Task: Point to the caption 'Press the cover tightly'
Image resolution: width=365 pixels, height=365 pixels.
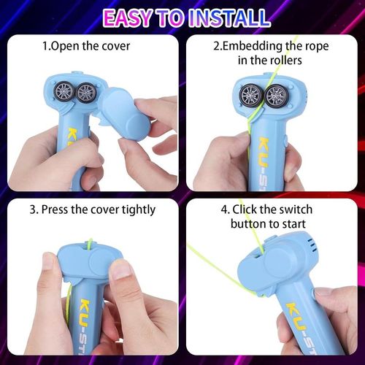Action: (x=93, y=210)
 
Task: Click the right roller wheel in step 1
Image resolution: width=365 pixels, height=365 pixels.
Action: (x=86, y=93)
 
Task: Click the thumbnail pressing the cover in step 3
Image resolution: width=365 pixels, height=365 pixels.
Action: (x=119, y=272)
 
